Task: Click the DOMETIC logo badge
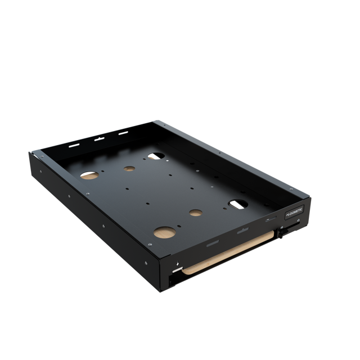pos(294,215)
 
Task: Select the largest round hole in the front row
pos(164,232)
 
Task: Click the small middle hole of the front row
pos(196,213)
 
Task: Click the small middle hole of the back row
pos(129,168)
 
